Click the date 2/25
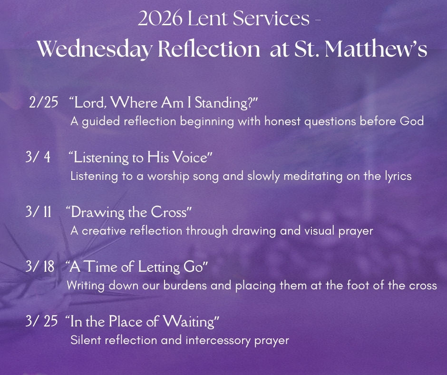click(43, 103)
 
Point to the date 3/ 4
click(38, 157)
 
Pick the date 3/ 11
click(39, 212)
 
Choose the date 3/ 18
click(40, 267)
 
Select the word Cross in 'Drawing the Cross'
click(169, 212)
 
